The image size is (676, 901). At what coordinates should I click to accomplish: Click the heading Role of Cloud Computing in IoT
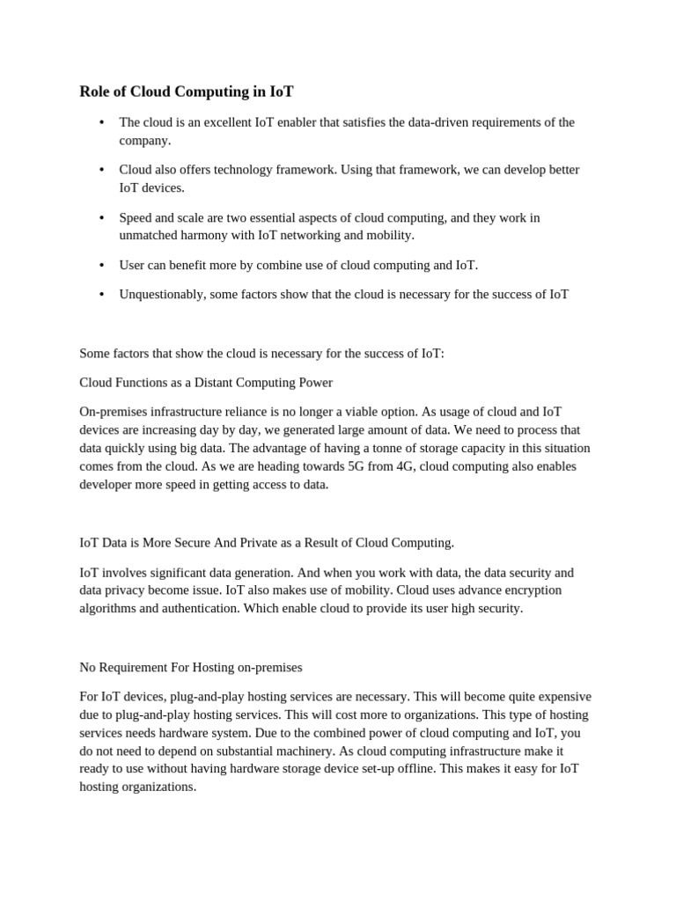(x=187, y=92)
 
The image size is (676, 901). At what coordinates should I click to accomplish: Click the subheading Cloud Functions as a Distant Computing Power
(x=206, y=383)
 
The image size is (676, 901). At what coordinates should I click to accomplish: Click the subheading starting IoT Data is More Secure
(x=267, y=543)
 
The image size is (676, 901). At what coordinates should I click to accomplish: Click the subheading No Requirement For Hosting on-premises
(x=191, y=667)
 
